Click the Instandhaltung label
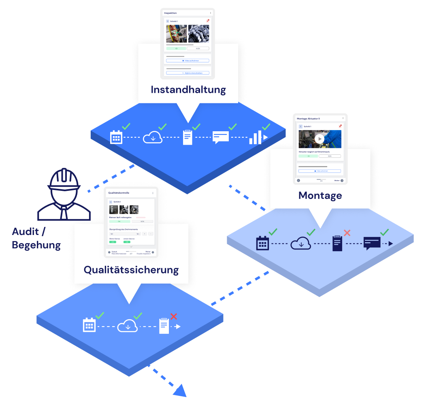pyautogui.click(x=188, y=90)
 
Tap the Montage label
pyautogui.click(x=320, y=196)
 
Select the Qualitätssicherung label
pyautogui.click(x=131, y=270)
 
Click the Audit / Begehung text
pyautogui.click(x=36, y=238)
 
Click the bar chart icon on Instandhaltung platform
pyautogui.click(x=256, y=138)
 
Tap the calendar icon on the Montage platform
pyautogui.click(x=262, y=243)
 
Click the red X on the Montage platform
pyautogui.click(x=347, y=233)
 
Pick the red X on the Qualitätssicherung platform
pyautogui.click(x=174, y=316)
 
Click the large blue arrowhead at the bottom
pyautogui.click(x=179, y=390)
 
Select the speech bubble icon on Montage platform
pyautogui.click(x=372, y=243)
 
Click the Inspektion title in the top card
pyautogui.click(x=171, y=13)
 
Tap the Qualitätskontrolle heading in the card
pyautogui.click(x=119, y=193)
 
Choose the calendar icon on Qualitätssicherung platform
pyautogui.click(x=89, y=325)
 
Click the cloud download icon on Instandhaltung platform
pyautogui.click(x=153, y=138)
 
